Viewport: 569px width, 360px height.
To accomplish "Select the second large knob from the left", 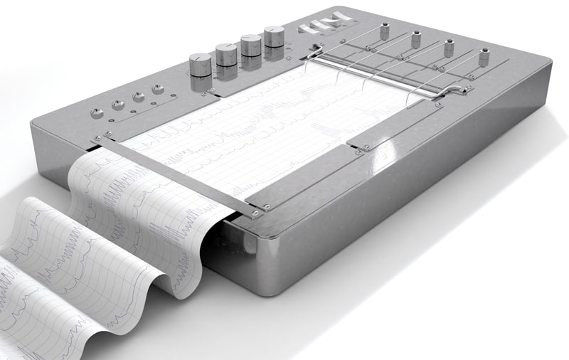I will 226,52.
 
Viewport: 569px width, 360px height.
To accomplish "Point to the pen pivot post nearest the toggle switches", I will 385,31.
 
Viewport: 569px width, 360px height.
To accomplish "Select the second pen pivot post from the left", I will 416,40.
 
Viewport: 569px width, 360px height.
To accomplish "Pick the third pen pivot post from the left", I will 449,48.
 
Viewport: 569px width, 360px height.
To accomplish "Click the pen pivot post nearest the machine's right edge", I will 484,58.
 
